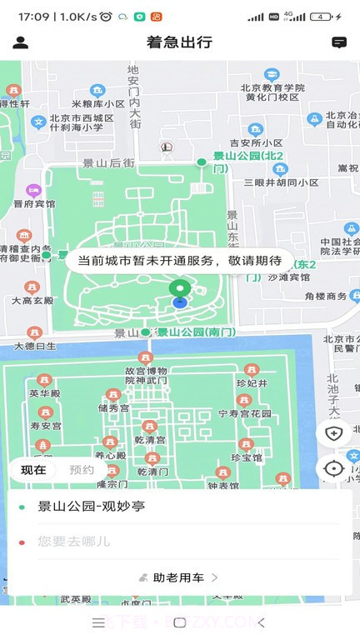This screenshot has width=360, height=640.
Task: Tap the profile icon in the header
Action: pyautogui.click(x=21, y=42)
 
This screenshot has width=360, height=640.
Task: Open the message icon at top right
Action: pyautogui.click(x=339, y=42)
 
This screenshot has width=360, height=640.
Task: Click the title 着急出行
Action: pyautogui.click(x=179, y=42)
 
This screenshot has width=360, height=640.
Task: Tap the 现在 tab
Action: pyautogui.click(x=33, y=470)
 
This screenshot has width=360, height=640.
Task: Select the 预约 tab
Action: pyautogui.click(x=82, y=470)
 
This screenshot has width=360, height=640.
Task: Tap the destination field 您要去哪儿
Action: pyautogui.click(x=75, y=542)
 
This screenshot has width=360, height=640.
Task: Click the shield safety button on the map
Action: pyautogui.click(x=333, y=432)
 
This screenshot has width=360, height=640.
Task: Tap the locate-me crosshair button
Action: pyautogui.click(x=333, y=468)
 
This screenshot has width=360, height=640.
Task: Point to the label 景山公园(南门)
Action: pyautogui.click(x=197, y=332)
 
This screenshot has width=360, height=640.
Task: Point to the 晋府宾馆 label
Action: pyautogui.click(x=34, y=203)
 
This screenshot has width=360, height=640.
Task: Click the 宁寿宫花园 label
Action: pyautogui.click(x=245, y=413)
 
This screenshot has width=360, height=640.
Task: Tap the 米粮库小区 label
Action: pyautogui.click(x=97, y=103)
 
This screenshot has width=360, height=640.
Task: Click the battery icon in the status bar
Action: pyautogui.click(x=321, y=17)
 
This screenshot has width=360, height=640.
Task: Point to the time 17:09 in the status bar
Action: pyautogui.click(x=33, y=17)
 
